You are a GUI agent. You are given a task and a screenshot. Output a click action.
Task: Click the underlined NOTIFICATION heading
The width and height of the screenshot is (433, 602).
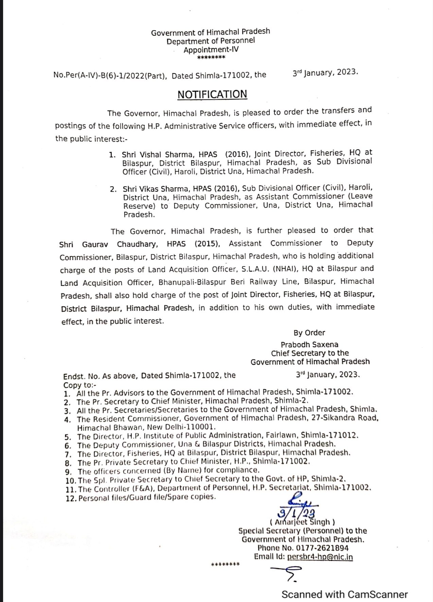coord(212,94)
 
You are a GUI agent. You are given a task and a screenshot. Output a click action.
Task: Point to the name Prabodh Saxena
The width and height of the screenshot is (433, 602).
coord(309,344)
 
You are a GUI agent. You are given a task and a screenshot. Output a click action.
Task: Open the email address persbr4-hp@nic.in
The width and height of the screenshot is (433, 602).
coord(320,557)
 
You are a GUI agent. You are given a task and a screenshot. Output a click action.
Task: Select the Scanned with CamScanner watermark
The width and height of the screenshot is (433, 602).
coord(344,594)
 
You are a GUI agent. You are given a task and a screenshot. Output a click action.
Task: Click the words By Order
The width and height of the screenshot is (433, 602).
coord(309,333)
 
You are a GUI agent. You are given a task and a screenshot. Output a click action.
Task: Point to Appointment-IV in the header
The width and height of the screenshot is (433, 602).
coord(211,50)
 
